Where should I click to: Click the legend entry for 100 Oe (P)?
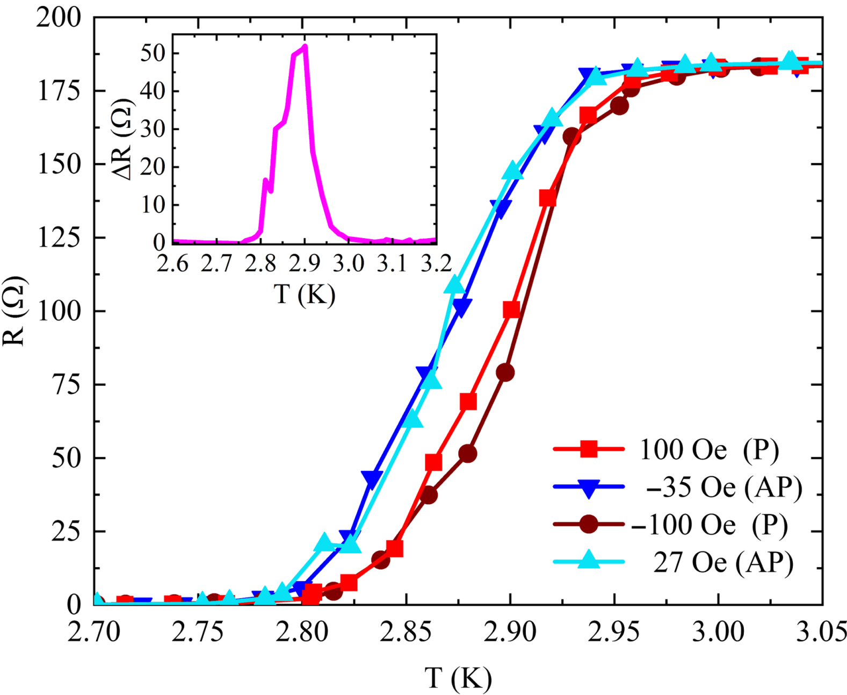pos(708,449)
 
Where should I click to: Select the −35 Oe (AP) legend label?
pos(723,487)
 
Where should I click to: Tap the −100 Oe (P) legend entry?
pos(709,525)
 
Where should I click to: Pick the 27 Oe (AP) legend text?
pos(723,562)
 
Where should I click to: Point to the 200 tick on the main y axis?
pos(58,18)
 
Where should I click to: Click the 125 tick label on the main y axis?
pos(58,238)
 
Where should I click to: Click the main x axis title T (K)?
pos(458,678)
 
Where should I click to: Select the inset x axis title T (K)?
pos(305,294)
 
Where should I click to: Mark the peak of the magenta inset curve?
pos(305,46)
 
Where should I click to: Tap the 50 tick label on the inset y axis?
pos(153,54)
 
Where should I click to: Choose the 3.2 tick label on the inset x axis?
pos(436,263)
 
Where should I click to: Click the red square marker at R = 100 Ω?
pos(511,310)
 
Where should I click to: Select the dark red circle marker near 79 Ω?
pos(505,372)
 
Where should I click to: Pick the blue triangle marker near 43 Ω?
pos(372,478)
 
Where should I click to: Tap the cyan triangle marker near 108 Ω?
pos(455,285)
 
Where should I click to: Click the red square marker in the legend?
pos(589,449)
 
